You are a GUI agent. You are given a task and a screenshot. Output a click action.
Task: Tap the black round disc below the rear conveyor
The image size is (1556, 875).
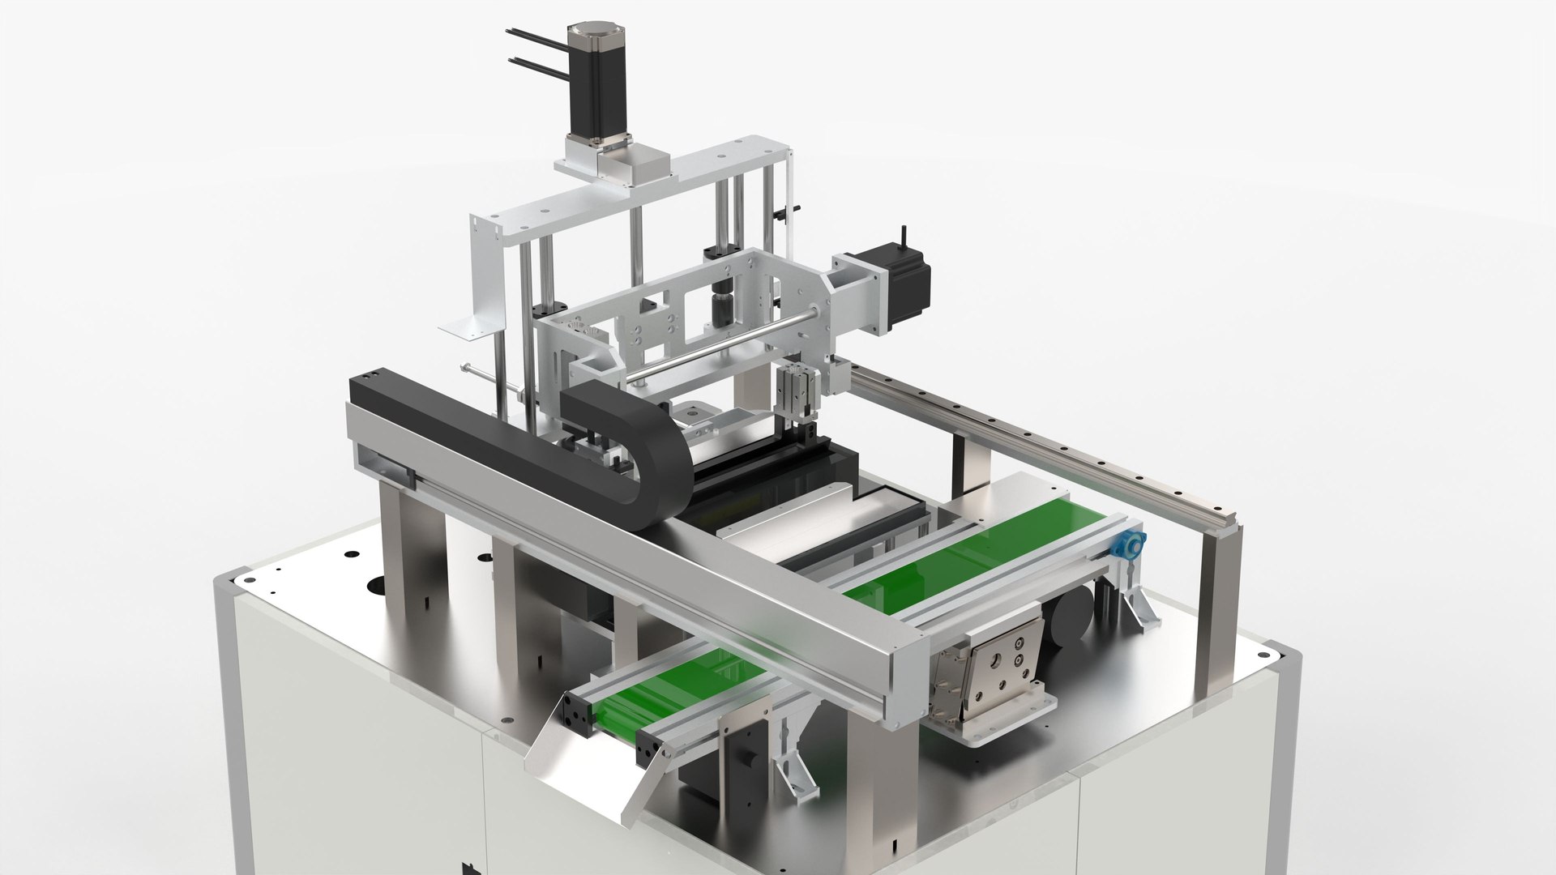1070,620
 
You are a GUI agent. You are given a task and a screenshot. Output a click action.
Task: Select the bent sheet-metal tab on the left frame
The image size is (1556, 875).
466,328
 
